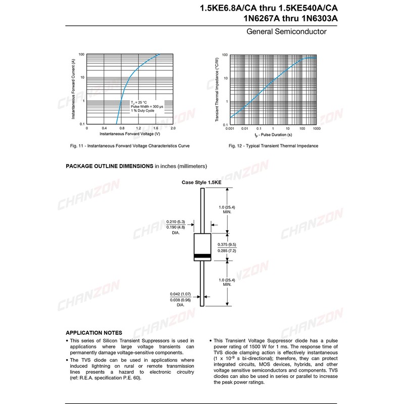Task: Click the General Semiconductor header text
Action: tap(286, 32)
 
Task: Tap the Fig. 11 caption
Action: tap(130, 145)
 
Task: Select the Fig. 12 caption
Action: tap(274, 145)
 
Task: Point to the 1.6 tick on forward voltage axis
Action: tap(156, 129)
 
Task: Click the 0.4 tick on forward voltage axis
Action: tap(104, 129)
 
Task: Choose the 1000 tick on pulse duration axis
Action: tap(317, 129)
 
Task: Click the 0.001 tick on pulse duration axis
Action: tap(230, 129)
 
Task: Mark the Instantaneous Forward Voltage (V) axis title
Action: tap(130, 134)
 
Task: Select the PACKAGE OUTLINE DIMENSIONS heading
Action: tap(110, 166)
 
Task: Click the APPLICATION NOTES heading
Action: tap(94, 332)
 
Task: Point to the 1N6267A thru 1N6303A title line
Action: tap(289, 19)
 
